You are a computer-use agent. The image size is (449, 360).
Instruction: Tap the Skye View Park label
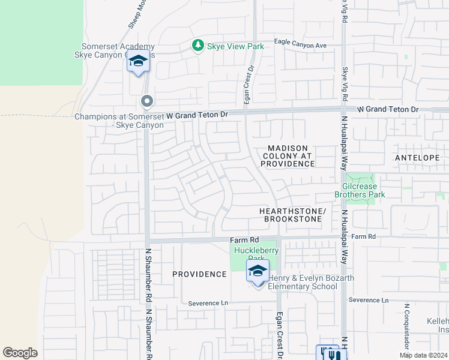click(235, 46)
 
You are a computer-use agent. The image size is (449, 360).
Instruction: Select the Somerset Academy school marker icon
click(138, 62)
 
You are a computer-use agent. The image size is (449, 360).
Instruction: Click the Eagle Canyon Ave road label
click(300, 45)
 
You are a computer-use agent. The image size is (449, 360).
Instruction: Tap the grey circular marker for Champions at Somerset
click(146, 101)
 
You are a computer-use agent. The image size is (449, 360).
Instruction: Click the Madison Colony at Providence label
click(288, 155)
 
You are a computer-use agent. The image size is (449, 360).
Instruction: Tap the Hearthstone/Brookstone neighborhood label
click(292, 215)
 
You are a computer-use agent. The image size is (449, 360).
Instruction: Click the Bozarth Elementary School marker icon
click(258, 271)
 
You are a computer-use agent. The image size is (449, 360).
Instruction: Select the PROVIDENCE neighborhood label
click(199, 274)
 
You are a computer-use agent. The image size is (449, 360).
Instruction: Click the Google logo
click(20, 353)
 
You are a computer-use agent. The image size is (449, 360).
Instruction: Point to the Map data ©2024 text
click(423, 355)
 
